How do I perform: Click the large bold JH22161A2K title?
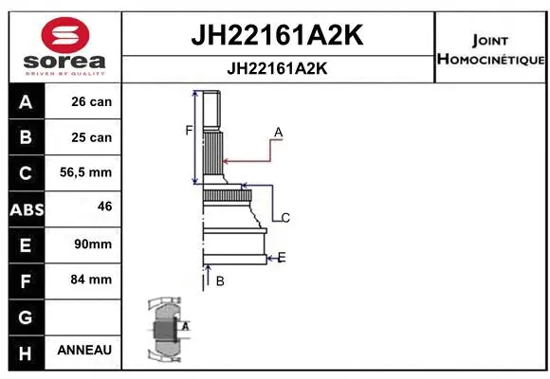click(x=278, y=36)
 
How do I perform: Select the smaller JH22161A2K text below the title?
click(x=278, y=68)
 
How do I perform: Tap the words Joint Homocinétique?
click(x=490, y=50)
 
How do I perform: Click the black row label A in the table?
click(x=26, y=101)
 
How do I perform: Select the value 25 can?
click(x=91, y=137)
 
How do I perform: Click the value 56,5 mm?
click(x=85, y=172)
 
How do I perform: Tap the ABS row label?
click(x=26, y=209)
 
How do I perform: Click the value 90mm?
click(x=92, y=244)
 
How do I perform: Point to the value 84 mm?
click(x=92, y=280)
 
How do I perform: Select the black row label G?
click(x=26, y=316)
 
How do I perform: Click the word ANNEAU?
click(x=84, y=350)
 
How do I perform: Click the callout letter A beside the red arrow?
click(x=278, y=132)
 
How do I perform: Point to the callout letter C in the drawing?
click(x=284, y=217)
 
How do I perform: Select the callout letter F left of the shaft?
click(x=189, y=130)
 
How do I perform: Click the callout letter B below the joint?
click(x=219, y=280)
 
